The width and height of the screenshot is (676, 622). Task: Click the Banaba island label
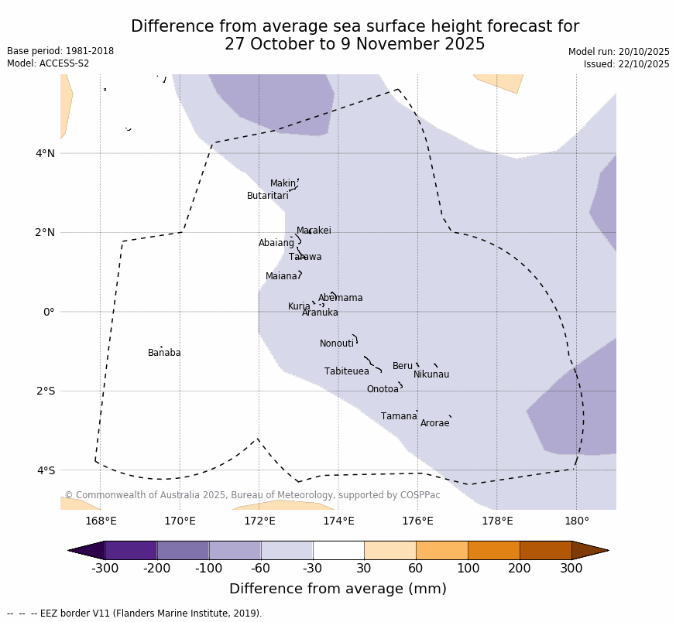click(164, 353)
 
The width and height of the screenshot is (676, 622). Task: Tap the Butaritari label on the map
click(268, 196)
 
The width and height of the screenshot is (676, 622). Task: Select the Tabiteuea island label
click(347, 371)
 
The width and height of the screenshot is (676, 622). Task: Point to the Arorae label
click(435, 423)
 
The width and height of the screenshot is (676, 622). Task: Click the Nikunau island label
click(431, 374)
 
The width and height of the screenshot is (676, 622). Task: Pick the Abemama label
click(341, 298)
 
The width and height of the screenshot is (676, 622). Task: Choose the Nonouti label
click(337, 343)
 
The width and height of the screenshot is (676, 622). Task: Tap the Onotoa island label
click(383, 389)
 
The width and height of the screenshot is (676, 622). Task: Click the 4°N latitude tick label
click(45, 153)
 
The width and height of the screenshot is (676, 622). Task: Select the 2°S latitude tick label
click(45, 391)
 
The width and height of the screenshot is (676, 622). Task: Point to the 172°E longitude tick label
click(259, 521)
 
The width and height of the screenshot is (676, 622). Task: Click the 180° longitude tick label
click(576, 521)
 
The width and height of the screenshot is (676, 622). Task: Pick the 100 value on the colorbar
click(468, 568)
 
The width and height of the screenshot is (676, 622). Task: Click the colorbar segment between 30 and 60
click(389, 550)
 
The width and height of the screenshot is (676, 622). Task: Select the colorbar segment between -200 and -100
click(183, 550)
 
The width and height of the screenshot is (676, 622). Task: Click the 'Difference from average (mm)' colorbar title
click(338, 589)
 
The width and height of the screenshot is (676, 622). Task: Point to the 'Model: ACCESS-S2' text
click(48, 63)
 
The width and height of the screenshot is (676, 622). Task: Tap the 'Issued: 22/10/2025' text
click(626, 64)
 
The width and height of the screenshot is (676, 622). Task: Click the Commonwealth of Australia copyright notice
click(252, 495)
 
